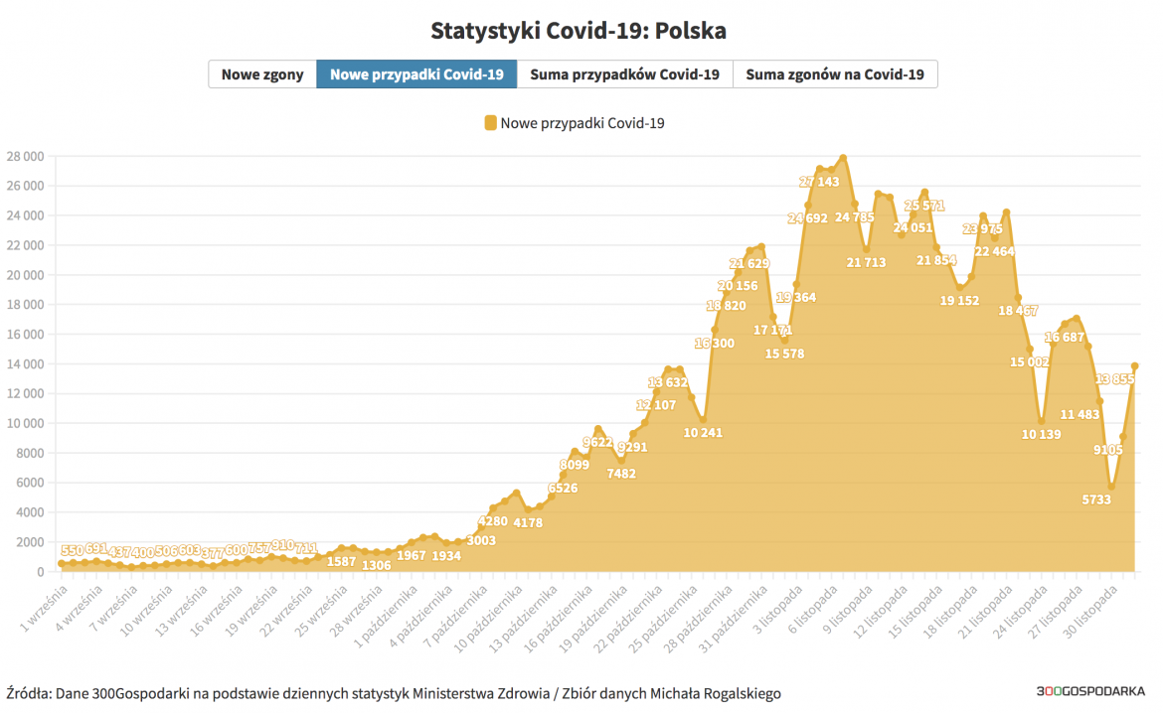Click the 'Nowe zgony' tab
pos(262,74)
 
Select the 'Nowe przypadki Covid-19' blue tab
pos(416,74)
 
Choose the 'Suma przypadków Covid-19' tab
pos(624,74)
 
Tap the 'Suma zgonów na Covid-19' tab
pos(835,74)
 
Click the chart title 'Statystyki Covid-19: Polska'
pos(579,31)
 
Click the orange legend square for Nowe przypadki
pos(490,123)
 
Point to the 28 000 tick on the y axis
pos(25,157)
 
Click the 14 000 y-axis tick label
pos(25,364)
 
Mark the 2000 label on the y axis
pos(28,542)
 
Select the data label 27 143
pos(820,182)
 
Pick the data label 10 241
pos(703,432)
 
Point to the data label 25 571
pos(923,206)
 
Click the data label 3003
pos(481,540)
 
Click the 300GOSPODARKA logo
pos(1090,692)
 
